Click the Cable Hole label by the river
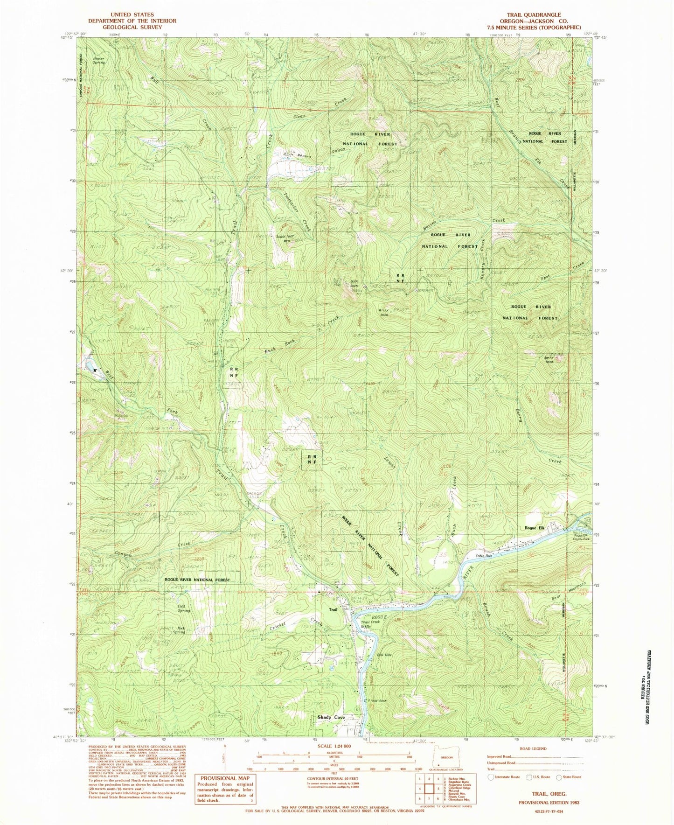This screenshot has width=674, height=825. pyautogui.click(x=484, y=556)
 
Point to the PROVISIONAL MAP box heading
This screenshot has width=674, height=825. pyautogui.click(x=225, y=778)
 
